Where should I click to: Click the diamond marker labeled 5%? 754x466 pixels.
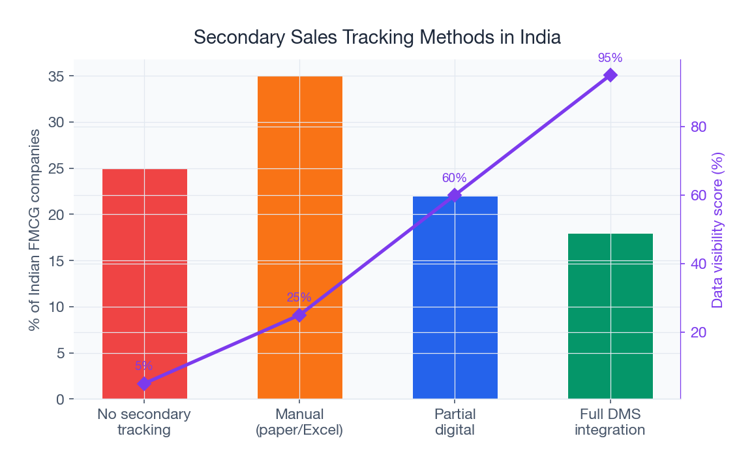[x=144, y=384]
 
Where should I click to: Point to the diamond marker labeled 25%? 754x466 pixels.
[x=299, y=315]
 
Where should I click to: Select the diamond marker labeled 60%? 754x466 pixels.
[x=455, y=195]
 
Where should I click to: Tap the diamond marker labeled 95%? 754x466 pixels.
[x=611, y=75]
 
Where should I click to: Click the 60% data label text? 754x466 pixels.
[x=455, y=178]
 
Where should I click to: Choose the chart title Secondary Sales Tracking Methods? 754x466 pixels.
[x=377, y=37]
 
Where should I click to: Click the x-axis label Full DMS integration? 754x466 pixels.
[x=610, y=422]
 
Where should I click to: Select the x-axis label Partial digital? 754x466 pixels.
[x=455, y=422]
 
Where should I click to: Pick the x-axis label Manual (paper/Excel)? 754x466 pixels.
[x=299, y=422]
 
